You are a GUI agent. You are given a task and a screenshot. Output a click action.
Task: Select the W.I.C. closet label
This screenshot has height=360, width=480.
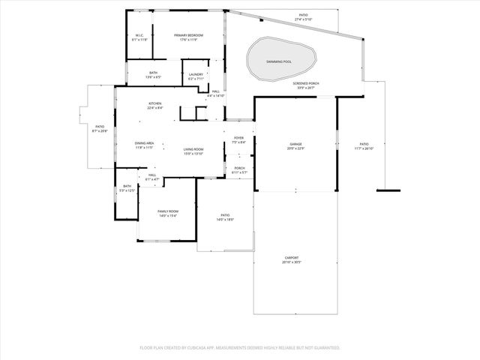pos(139,35)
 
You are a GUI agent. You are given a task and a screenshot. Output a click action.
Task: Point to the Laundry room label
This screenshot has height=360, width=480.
pos(196,74)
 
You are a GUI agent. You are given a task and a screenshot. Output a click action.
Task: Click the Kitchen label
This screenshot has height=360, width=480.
pos(154,103)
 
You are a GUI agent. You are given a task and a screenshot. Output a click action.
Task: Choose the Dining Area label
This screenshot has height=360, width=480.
pos(144,143)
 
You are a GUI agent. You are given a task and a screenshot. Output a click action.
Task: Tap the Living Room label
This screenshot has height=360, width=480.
pos(194,149)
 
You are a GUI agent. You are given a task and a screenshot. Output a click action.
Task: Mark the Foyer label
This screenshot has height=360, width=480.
pos(238,138)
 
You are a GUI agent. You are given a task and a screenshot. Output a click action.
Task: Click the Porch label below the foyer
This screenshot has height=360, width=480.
pos(239,168)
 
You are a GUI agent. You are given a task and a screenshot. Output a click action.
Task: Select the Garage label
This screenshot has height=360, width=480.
pos(295,144)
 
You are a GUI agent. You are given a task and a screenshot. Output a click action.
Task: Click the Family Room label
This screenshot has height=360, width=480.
pos(167,211)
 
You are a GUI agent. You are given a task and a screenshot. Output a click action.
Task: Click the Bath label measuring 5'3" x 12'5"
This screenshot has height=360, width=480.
pos(127,186)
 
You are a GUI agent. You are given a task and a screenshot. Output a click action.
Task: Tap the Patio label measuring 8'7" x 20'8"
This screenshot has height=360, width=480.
pos(99,127)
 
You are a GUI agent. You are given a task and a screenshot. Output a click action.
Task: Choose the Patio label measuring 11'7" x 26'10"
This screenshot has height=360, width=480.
pos(364,144)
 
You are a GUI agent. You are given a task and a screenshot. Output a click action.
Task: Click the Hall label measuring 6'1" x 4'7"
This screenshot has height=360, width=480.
pos(151,175)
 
